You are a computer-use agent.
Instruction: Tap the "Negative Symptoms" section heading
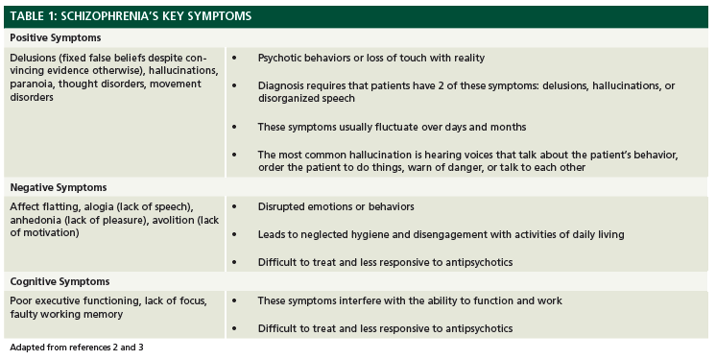[x=58, y=187]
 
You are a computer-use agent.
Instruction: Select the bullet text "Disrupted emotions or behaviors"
[x=335, y=207]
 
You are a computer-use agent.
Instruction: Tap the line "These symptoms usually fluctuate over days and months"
[x=392, y=128]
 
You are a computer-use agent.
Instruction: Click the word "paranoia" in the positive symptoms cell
[x=35, y=85]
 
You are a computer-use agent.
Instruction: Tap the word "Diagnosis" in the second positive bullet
[x=282, y=85]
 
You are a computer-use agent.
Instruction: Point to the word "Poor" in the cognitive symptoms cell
[x=23, y=301]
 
